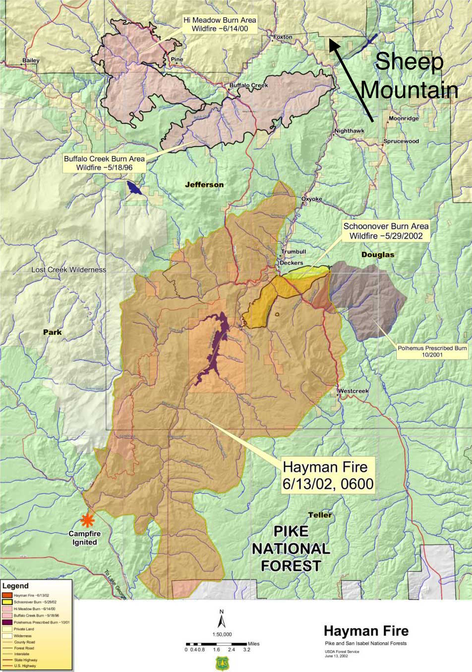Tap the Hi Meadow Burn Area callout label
pos(220,24)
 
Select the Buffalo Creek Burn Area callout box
pos(104,163)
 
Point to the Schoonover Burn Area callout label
pos(386,231)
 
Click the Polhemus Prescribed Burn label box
pos(432,351)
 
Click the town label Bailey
pos(31,60)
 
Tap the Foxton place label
pos(283,37)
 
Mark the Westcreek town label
pos(354,391)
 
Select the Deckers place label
pos(291,263)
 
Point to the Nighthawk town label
pos(349,131)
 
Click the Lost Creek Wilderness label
pos(69,270)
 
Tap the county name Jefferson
pos(204,185)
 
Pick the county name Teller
pos(320,515)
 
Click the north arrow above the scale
pos(221,620)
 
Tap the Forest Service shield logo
pos(221,663)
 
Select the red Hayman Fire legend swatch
pos(7,595)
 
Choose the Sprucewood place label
pos(401,141)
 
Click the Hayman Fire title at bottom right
pos(366,631)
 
